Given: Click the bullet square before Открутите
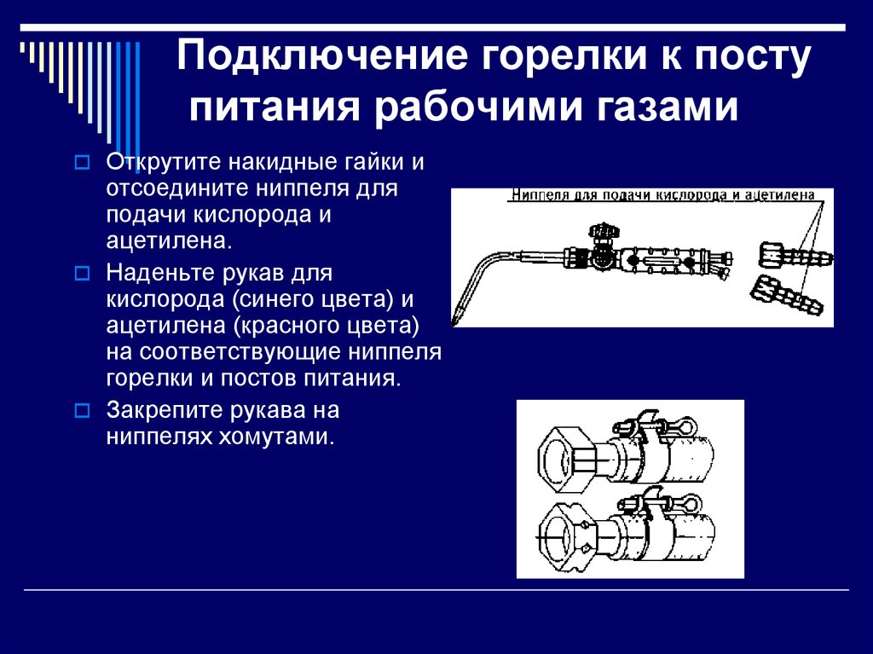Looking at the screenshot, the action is point(82,163).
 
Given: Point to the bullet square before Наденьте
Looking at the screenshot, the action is point(82,274).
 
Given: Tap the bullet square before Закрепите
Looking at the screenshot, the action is point(82,411).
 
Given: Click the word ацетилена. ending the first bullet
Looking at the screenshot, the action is point(169,241).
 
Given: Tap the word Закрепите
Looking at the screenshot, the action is point(161,410).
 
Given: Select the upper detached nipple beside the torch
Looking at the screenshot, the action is point(795,256).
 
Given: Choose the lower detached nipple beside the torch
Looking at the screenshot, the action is point(785,295).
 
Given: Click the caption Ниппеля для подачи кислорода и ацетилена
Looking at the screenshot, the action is point(662,195).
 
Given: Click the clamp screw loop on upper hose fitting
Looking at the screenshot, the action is point(688,427).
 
